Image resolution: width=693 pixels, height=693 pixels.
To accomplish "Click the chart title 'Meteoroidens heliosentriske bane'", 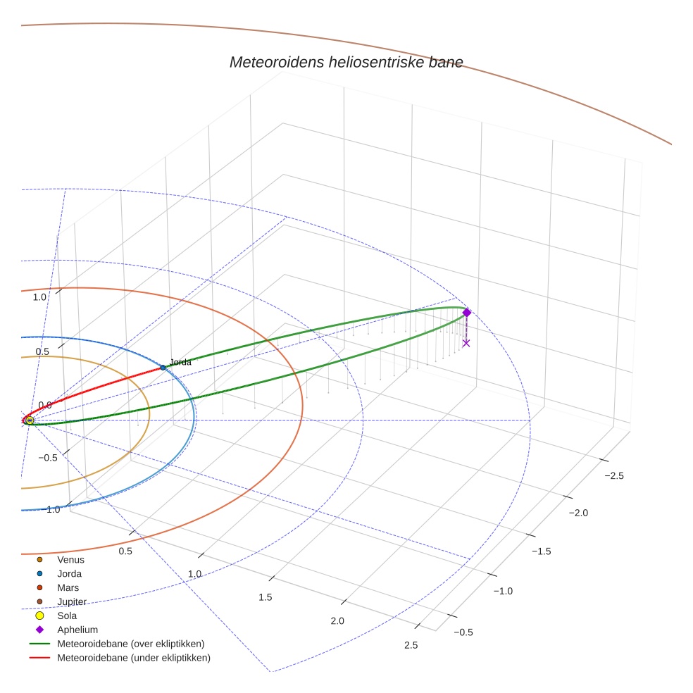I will point(346,62).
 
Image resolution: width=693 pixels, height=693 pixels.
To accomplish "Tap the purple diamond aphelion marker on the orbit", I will point(466,313).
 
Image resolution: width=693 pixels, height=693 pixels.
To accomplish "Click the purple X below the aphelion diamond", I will point(466,343).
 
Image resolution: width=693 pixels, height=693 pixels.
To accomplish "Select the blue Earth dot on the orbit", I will point(163,368).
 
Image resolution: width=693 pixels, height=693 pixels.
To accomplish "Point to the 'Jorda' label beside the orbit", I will point(180,362).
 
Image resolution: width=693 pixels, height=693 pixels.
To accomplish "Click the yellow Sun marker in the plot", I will point(30,420).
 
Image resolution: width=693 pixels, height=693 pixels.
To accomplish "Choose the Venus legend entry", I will point(70,559).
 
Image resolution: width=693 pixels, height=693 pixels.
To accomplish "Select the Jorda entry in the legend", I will point(69,573).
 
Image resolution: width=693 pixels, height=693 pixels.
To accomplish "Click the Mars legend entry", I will point(68,587).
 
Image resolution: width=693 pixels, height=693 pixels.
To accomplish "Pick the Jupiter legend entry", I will point(71,601).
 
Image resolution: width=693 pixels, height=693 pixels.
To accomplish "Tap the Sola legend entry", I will point(67,616).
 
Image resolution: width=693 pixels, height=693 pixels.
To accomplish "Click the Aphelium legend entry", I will point(77,630).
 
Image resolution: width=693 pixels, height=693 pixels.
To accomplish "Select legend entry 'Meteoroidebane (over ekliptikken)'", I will point(130,644).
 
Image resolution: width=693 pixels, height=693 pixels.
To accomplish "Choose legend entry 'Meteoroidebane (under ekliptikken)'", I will point(133,658).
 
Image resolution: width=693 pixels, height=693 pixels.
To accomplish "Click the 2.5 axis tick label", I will point(411,645).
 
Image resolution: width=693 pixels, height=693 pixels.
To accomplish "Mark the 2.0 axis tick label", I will point(337,620).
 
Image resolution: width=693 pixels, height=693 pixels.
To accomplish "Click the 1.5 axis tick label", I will point(265,597).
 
